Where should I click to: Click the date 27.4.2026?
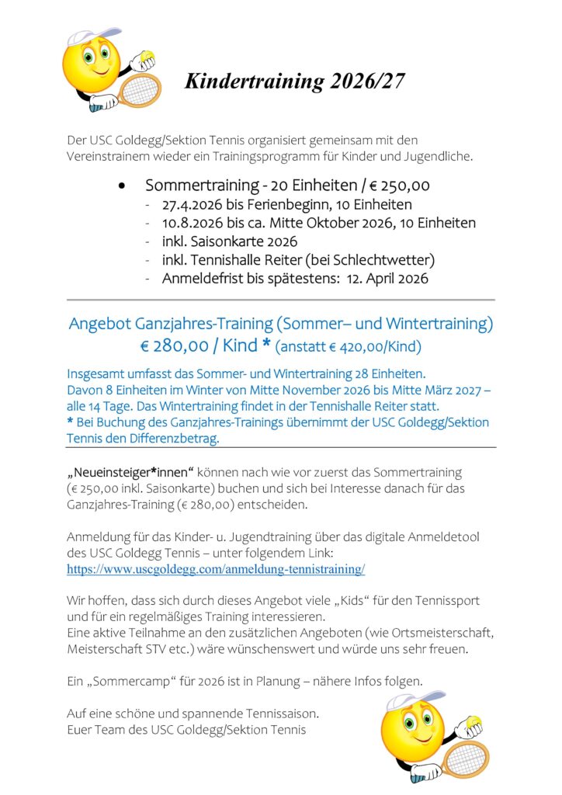(x=194, y=205)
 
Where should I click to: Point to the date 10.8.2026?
(x=194, y=224)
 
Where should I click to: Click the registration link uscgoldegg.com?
(x=216, y=569)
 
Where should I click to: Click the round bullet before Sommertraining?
(x=121, y=187)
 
